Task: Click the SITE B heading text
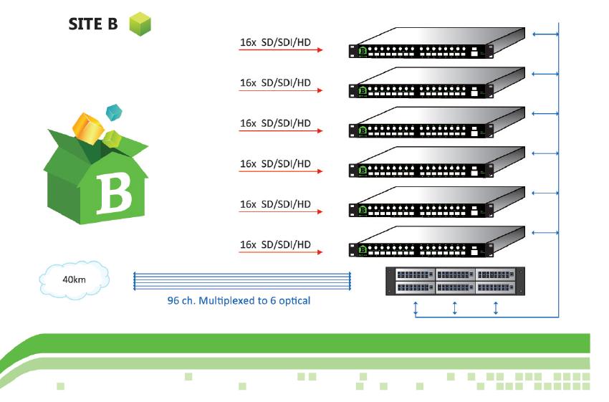coord(92,24)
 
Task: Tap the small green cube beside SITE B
coord(140,24)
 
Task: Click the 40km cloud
coord(75,279)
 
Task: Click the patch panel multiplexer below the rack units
coord(454,280)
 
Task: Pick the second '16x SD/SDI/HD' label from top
coord(275,82)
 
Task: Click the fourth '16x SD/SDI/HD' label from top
coord(275,163)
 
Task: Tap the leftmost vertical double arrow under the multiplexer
coord(415,308)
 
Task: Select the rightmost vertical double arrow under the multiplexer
coord(496,308)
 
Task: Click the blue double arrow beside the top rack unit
coord(544,33)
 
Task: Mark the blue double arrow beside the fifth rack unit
coord(544,193)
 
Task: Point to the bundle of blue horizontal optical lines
coord(241,280)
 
